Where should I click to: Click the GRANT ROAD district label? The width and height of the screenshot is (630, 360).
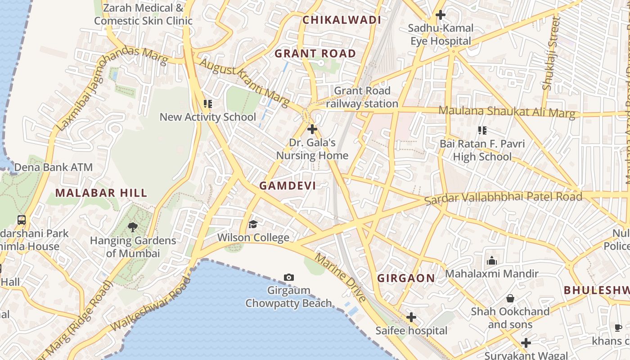point(315,54)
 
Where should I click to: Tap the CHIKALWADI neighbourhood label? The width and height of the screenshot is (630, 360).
point(342,20)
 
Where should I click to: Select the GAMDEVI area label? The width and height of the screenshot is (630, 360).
point(288,185)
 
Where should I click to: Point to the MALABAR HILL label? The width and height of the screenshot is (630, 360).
point(101,193)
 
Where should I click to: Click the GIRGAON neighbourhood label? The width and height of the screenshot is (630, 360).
point(406,278)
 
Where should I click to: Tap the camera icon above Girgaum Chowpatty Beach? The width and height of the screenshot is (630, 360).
point(289,277)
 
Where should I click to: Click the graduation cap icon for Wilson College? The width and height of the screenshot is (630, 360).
point(253,224)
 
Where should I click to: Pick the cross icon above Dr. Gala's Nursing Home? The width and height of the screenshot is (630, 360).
point(312,130)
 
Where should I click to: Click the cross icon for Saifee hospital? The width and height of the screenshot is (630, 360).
point(411,318)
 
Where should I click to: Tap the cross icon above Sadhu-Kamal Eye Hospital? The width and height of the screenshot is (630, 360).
point(441,15)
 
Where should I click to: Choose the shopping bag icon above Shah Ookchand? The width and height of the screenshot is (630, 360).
point(510,298)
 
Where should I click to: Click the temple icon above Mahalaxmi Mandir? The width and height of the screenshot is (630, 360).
point(491,261)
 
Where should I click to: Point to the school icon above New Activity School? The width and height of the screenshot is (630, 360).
point(207,104)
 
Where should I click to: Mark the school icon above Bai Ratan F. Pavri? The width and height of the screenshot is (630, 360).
point(482,130)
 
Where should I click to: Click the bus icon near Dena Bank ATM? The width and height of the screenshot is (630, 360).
point(22,220)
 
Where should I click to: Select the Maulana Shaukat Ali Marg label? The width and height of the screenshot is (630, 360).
point(507,112)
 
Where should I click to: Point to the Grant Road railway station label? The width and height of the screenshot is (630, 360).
point(362,97)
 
